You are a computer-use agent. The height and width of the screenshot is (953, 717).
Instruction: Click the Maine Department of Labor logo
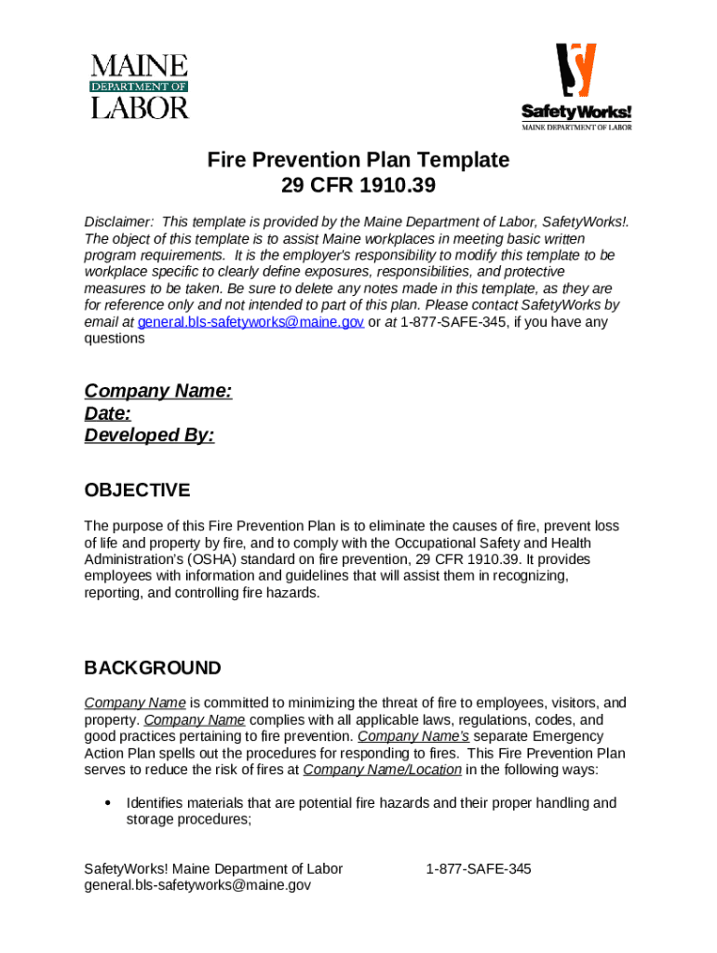click(140, 87)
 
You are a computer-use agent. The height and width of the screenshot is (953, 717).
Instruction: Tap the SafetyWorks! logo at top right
click(575, 87)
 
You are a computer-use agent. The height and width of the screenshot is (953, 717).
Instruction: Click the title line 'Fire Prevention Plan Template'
click(358, 160)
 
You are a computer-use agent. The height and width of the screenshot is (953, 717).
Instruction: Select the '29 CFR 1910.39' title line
click(358, 186)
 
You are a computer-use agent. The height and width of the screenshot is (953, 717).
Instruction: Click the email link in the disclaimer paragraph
click(250, 322)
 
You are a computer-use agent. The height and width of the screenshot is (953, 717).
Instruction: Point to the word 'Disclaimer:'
click(118, 221)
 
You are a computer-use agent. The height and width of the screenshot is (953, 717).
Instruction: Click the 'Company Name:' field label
click(158, 391)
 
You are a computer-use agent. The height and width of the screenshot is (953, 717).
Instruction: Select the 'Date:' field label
click(107, 413)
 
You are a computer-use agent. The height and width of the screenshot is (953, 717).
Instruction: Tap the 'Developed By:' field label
click(149, 436)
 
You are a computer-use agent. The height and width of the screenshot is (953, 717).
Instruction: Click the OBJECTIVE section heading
click(137, 490)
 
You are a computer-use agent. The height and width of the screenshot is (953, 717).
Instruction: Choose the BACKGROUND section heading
click(153, 668)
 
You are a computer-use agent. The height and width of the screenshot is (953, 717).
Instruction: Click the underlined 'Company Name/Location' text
click(382, 770)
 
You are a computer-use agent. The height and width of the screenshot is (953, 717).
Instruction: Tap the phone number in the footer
click(479, 868)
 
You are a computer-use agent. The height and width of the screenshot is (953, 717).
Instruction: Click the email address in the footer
click(197, 886)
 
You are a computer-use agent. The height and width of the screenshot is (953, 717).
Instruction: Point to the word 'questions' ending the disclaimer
click(115, 339)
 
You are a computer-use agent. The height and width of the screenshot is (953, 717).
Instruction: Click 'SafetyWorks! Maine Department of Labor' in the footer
click(213, 868)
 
